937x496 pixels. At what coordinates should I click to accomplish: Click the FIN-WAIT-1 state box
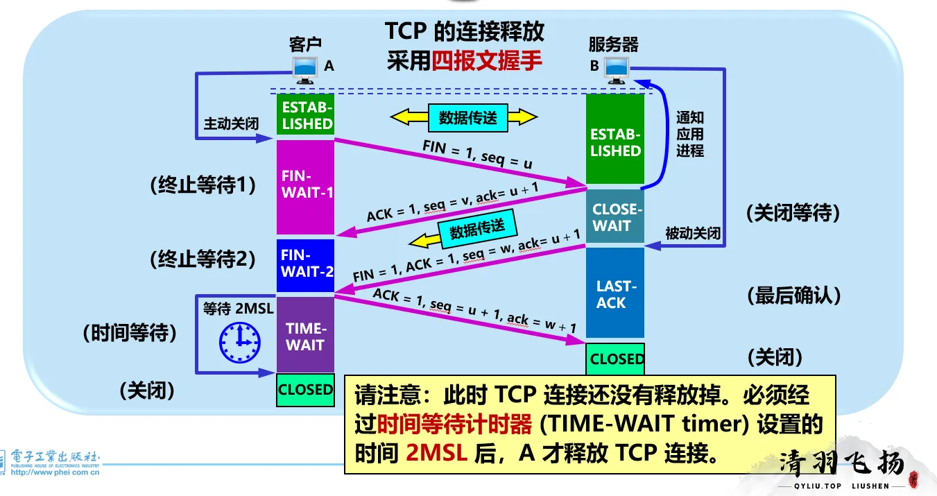click(x=306, y=187)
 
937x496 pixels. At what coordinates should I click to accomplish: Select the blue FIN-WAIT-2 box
click(x=306, y=264)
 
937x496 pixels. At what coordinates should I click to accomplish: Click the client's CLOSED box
click(x=306, y=390)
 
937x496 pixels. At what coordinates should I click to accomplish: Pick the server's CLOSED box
click(x=615, y=359)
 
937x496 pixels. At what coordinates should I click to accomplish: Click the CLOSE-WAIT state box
click(x=614, y=217)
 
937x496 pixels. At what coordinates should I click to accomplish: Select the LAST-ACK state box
click(x=614, y=294)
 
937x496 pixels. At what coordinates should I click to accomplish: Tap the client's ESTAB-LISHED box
click(x=306, y=115)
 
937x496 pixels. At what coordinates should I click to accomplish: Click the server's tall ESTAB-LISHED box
click(x=614, y=141)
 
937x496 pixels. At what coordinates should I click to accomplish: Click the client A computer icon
click(x=305, y=67)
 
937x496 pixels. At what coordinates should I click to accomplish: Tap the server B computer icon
click(x=616, y=68)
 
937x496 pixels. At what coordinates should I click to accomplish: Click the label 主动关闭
click(x=231, y=124)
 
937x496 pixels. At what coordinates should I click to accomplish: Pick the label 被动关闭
click(x=693, y=234)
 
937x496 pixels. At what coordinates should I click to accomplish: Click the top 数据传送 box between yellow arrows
click(x=467, y=117)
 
